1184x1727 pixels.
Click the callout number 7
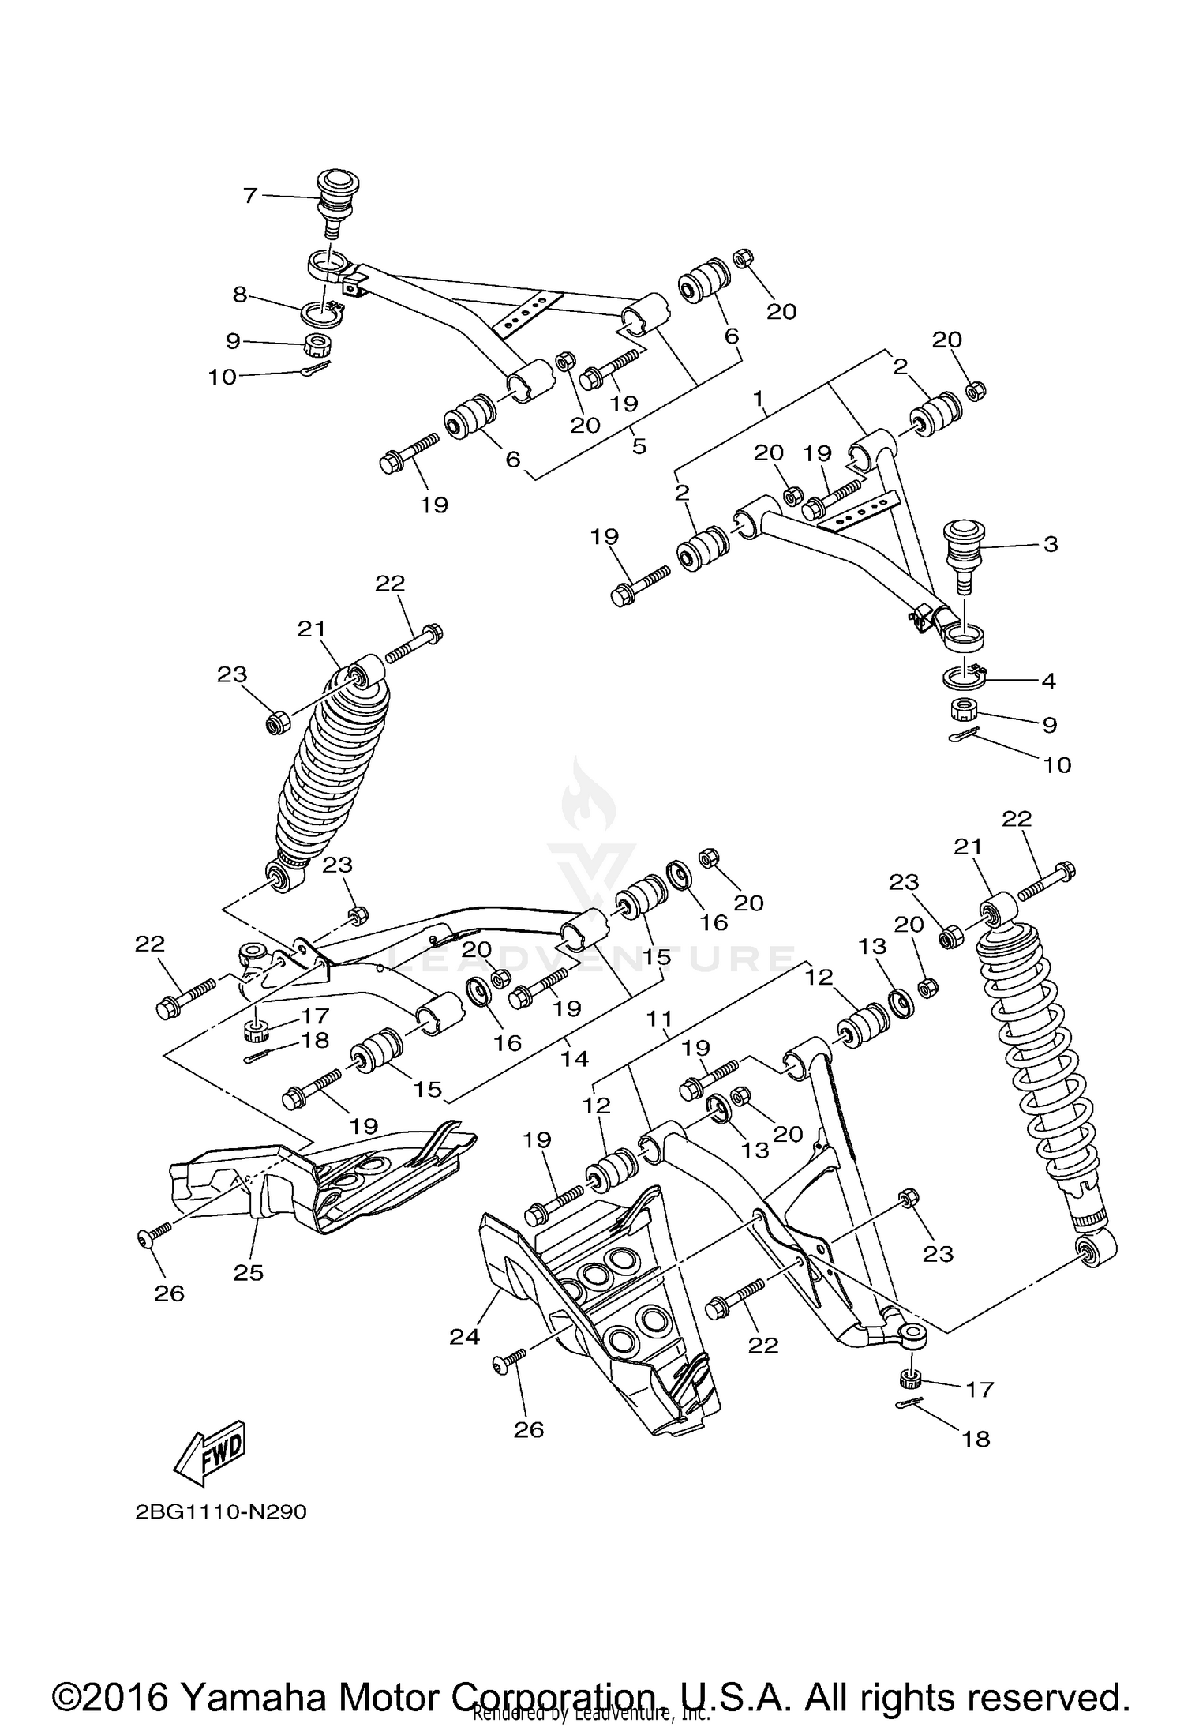tap(250, 195)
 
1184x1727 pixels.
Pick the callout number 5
tap(639, 446)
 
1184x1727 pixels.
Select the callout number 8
tap(240, 295)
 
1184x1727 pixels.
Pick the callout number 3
tap(1050, 544)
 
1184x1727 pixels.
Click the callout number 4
tap(1047, 680)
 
